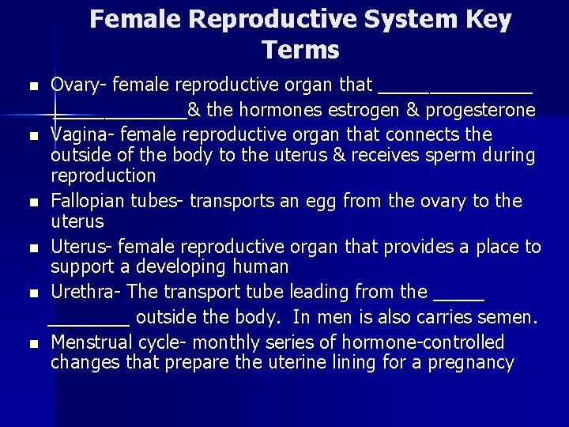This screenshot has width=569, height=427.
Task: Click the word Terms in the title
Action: pyautogui.click(x=301, y=50)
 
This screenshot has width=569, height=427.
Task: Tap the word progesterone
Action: pyautogui.click(x=484, y=109)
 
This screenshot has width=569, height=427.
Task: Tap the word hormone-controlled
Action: pyautogui.click(x=428, y=342)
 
